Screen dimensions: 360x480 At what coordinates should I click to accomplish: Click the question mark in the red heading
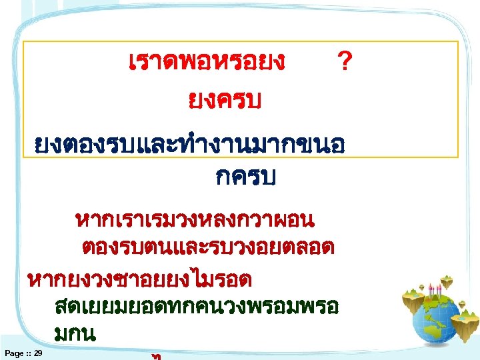344,63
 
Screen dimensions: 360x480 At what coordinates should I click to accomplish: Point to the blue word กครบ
246,178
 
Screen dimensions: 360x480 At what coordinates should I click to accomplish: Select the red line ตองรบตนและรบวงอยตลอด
207,247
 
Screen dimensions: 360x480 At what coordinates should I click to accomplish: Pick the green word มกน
73,334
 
